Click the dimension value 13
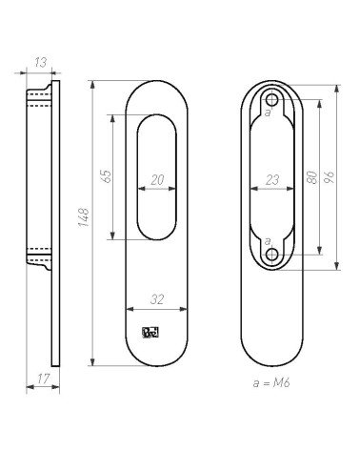click(41, 62)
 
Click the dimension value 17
click(44, 378)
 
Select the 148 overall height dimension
click(84, 217)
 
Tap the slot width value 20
click(157, 180)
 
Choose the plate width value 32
click(157, 299)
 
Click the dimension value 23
click(272, 180)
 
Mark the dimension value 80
click(312, 177)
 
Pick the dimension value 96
click(330, 177)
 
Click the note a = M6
click(271, 383)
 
